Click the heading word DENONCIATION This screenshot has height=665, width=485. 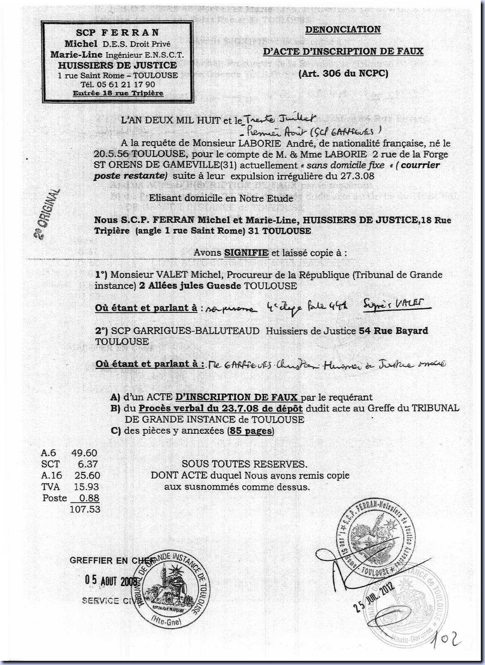click(343, 30)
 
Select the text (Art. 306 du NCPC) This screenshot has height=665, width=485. click(343, 74)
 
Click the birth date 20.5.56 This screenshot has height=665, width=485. click(108, 154)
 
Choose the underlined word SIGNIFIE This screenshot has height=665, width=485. click(246, 252)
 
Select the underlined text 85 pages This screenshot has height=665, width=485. click(250, 431)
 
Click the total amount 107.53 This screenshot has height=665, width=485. click(85, 509)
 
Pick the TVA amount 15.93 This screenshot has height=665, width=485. click(87, 487)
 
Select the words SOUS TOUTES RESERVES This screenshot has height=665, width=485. click(245, 464)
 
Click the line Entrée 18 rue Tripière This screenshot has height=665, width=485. click(118, 93)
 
